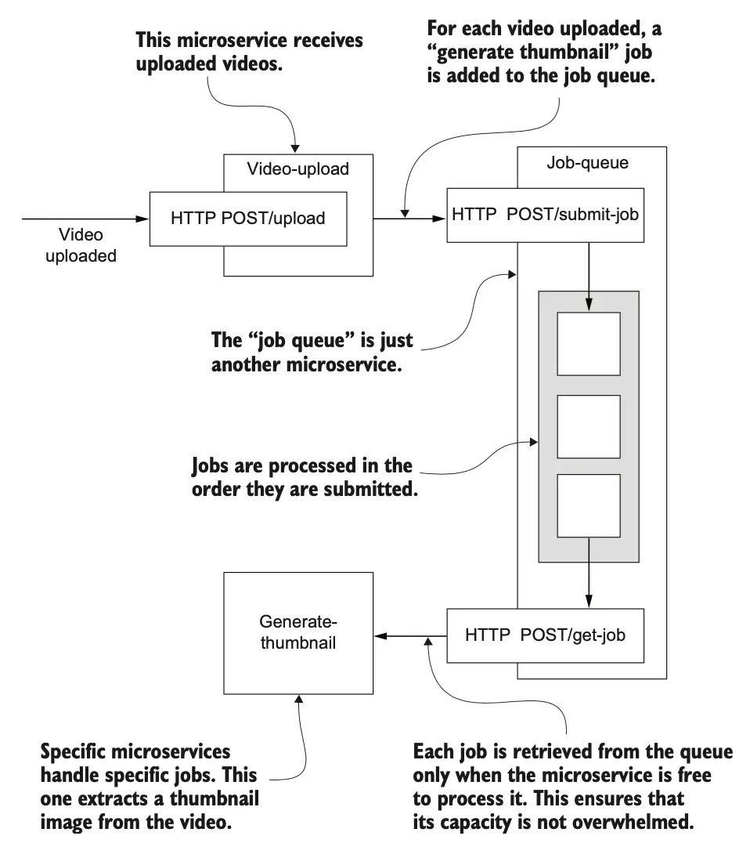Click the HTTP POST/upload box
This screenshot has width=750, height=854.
pyautogui.click(x=258, y=219)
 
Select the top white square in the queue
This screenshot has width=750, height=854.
pyautogui.click(x=588, y=344)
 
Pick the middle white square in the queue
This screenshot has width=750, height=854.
pyautogui.click(x=588, y=427)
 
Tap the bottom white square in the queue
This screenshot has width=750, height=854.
pyautogui.click(x=588, y=506)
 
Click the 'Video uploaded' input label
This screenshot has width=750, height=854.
pyautogui.click(x=80, y=245)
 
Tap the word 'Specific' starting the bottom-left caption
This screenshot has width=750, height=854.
pyautogui.click(x=75, y=752)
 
